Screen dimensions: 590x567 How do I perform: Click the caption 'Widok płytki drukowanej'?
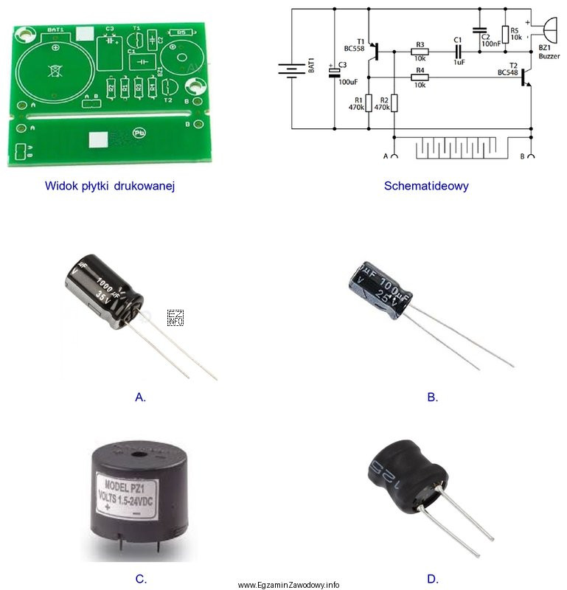110,185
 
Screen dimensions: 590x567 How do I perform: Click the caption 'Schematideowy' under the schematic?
426,185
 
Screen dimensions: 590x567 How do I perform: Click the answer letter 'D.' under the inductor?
433,578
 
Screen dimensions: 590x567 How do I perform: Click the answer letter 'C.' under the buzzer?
141,578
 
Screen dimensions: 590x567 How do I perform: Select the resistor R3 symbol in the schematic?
419,52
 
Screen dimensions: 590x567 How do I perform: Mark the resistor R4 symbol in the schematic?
419,77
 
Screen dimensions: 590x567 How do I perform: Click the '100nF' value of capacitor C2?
490,44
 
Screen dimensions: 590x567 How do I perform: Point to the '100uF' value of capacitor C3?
347,81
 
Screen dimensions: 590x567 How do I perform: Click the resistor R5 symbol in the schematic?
505,34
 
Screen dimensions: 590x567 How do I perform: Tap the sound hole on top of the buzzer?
138,451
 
